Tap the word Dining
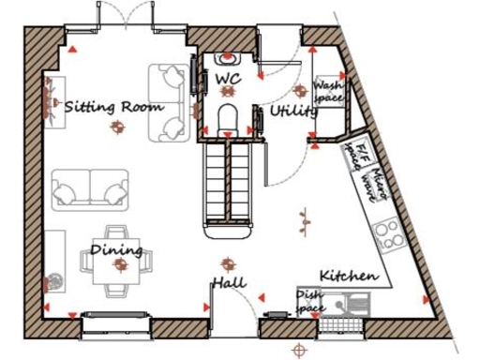[117, 250]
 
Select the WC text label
[228, 80]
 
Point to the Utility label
[292, 112]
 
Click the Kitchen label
[349, 276]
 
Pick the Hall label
[228, 281]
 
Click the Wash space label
[329, 91]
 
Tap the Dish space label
[310, 300]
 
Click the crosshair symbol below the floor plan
[299, 349]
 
